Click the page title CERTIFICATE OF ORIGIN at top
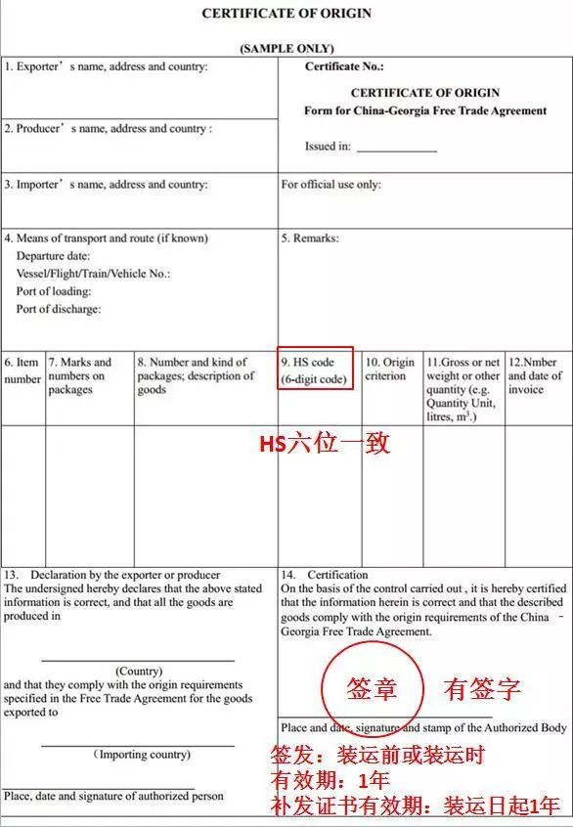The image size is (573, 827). point(286,14)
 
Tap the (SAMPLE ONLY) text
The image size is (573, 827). point(286,48)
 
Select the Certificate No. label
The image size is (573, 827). point(344,66)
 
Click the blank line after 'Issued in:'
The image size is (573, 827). point(396,149)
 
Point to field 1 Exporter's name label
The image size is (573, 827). point(106,66)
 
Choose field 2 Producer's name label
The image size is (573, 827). point(108,128)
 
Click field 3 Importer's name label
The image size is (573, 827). point(106,184)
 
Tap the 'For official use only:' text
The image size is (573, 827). point(331,184)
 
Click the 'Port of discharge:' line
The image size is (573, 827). point(59,309)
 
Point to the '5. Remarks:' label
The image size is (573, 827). point(310,238)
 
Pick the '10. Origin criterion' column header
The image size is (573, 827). point(390,369)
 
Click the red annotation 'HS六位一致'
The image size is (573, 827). point(324,444)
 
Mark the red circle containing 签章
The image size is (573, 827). point(372,690)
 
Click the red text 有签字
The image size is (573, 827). point(482,689)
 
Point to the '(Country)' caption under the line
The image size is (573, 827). point(139,672)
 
